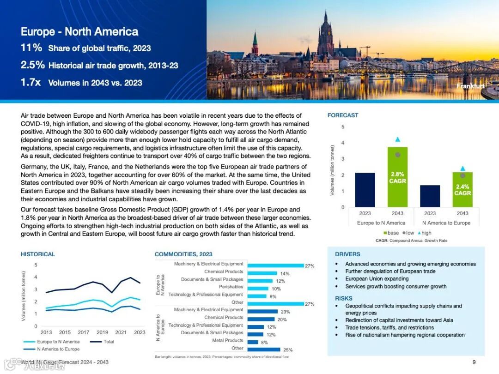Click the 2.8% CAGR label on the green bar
pos(397,178)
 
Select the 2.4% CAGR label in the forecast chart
pos(462,190)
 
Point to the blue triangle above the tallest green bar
pos(398,139)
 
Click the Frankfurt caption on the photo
pos(470,86)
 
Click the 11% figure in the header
pos(31,48)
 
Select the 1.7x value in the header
pos(31,83)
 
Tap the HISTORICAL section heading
pos(38,254)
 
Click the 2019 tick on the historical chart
pos(102,332)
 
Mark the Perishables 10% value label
pos(276,289)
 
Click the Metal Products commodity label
pos(227,340)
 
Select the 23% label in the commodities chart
pos(285,312)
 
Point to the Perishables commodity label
pos(231,287)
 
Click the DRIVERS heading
pos(347,254)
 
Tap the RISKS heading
pos(344,298)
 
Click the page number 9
pos(474,362)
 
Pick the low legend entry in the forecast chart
pos(408,233)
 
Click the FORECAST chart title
pos(343,115)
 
